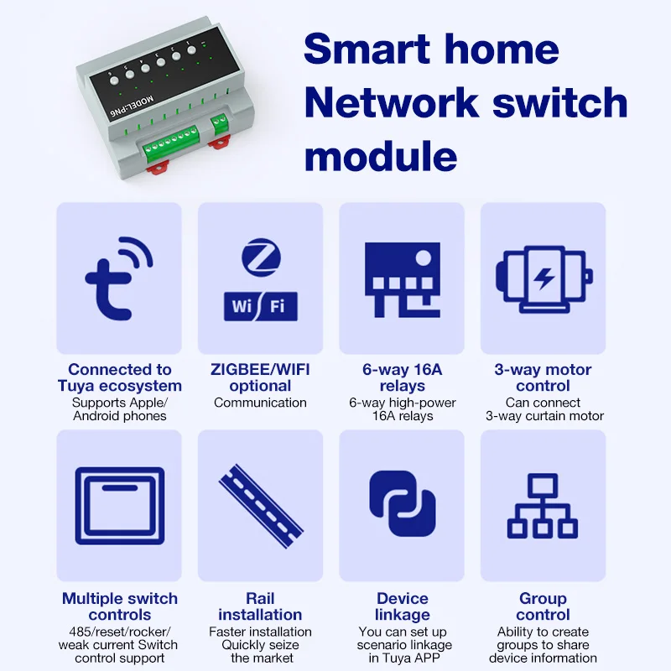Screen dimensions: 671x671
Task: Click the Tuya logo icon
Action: (118, 278)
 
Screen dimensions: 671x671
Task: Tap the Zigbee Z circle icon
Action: (260, 257)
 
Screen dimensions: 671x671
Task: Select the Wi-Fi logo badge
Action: (260, 306)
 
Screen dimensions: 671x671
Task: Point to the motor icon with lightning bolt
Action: (544, 278)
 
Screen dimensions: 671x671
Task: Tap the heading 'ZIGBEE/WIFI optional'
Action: (260, 377)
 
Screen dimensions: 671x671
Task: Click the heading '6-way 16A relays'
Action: (402, 377)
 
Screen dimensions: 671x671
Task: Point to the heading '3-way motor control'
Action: (544, 377)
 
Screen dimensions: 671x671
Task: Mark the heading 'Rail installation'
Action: (260, 606)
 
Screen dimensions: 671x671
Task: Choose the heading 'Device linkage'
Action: (402, 606)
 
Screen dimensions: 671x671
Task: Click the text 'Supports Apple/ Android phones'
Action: (120, 409)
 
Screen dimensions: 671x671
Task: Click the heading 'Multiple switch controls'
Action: (120, 606)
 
